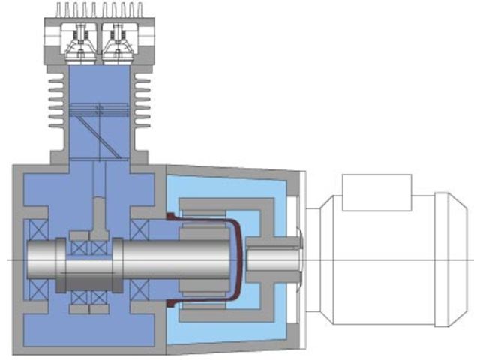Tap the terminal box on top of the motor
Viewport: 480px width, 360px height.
tap(376, 192)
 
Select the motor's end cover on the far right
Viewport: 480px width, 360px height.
tap(457, 259)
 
